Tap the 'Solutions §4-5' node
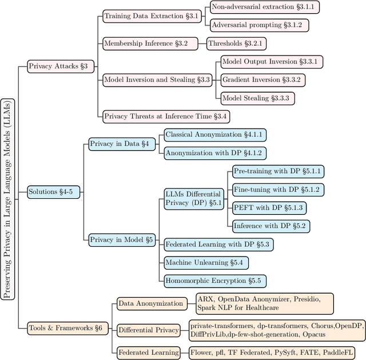[51, 191]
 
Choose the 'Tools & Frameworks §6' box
[65, 327]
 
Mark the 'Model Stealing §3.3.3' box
[257, 98]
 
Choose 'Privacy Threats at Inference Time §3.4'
[165, 116]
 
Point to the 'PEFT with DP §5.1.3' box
[268, 207]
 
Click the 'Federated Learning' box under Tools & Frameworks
[149, 353]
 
